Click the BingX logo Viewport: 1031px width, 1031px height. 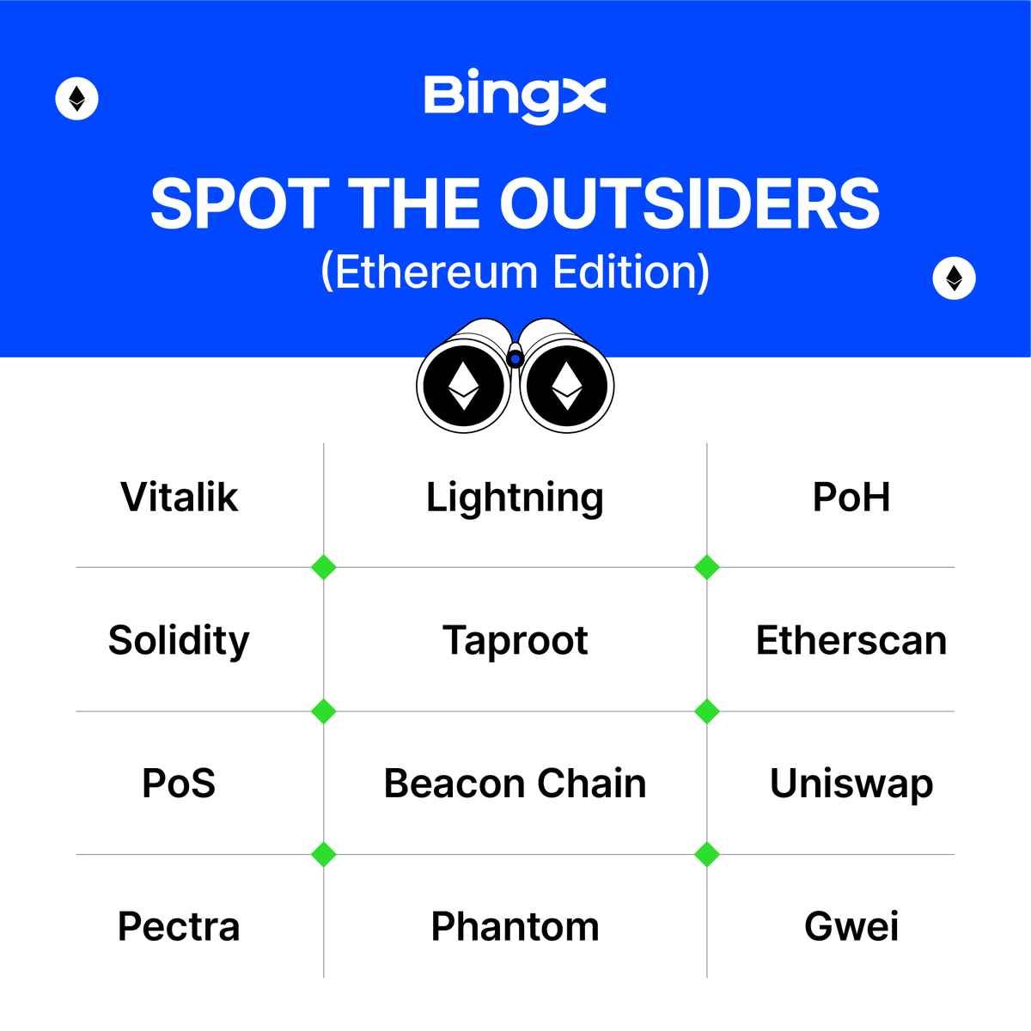(x=515, y=97)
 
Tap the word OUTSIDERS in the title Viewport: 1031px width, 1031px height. (x=689, y=204)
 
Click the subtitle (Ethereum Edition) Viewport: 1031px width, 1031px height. (x=515, y=272)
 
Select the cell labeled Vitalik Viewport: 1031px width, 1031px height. (x=179, y=497)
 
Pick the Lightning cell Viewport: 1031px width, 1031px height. (x=515, y=498)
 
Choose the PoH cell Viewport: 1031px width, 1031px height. (x=851, y=497)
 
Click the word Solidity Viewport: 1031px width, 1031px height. (x=179, y=641)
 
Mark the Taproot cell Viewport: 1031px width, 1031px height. (x=515, y=641)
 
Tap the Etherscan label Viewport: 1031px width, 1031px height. (x=851, y=641)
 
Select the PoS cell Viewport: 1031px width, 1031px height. (x=179, y=784)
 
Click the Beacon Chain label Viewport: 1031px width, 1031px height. (x=515, y=784)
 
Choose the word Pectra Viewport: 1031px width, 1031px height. (x=179, y=927)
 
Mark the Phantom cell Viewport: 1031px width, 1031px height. (x=515, y=927)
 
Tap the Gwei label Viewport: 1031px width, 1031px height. (x=851, y=927)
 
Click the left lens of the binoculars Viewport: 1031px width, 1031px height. (x=464, y=386)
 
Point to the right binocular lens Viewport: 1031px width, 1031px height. (x=566, y=386)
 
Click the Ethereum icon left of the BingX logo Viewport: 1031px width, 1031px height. (x=77, y=99)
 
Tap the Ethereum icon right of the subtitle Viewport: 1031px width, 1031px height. (x=954, y=278)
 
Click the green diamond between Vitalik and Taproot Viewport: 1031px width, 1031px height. (x=324, y=568)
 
